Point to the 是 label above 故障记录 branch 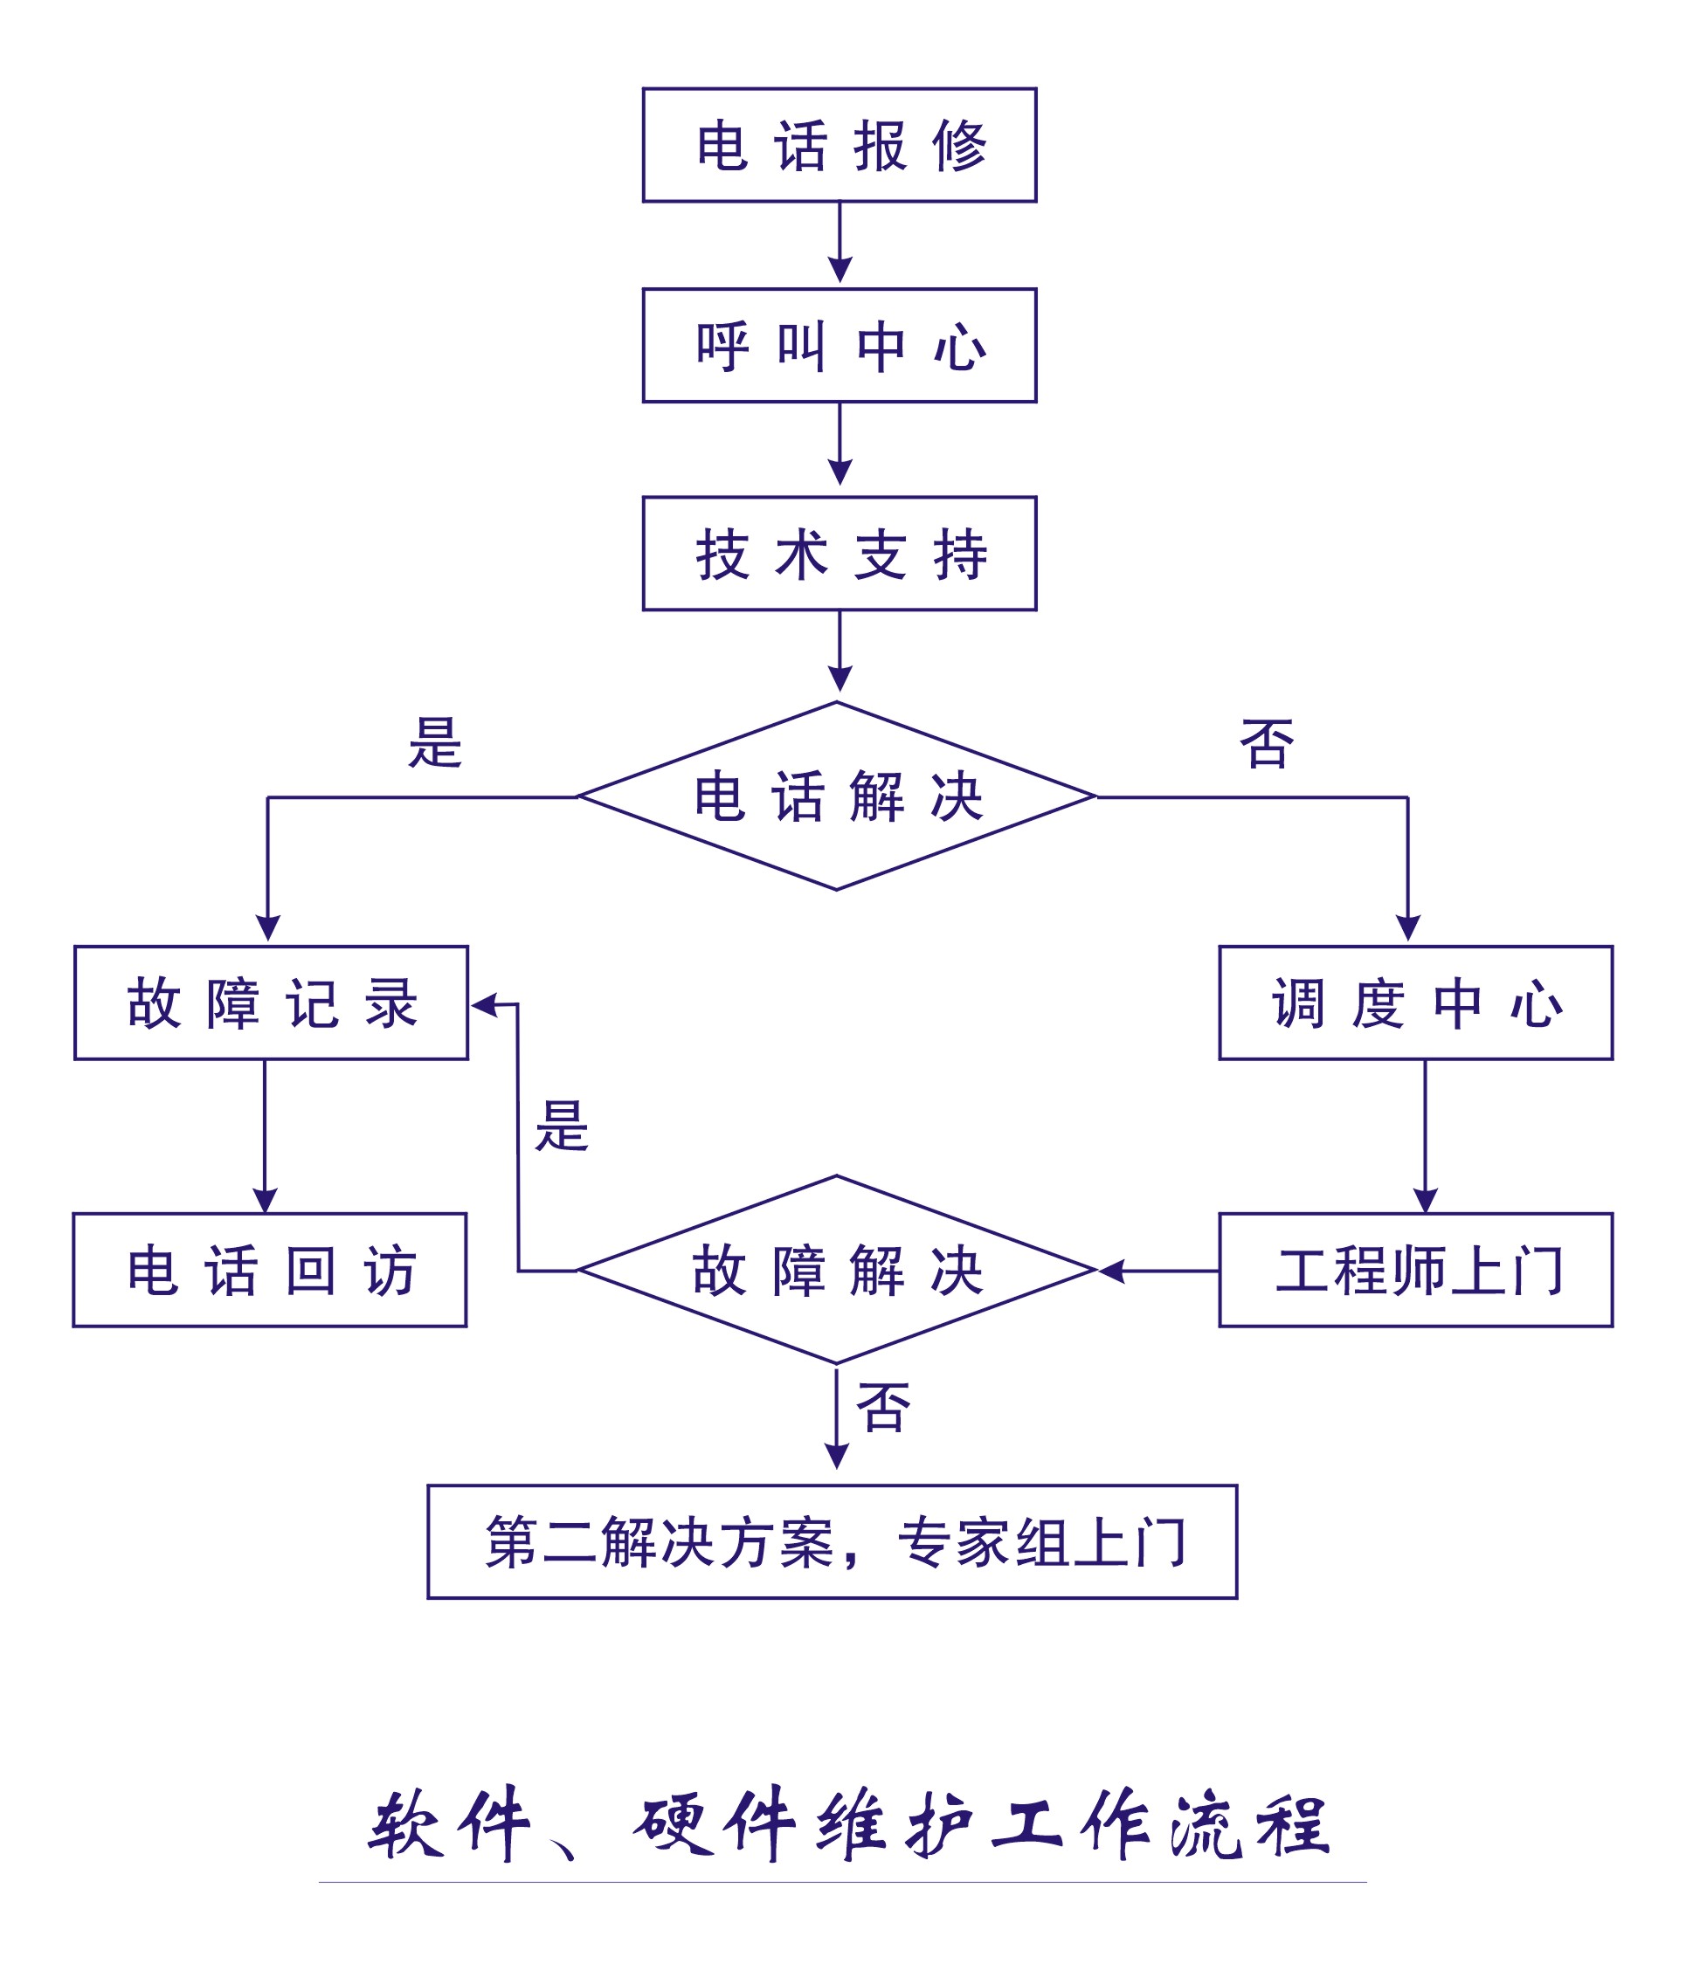coord(435,743)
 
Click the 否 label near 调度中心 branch coord(1267,744)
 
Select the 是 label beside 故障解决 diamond coord(562,1127)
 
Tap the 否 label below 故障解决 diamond coord(883,1408)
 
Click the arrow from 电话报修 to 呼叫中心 coord(840,243)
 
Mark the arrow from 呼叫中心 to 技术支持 coord(840,445)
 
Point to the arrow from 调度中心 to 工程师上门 coord(1424,1137)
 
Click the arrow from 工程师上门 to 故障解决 coord(1159,1270)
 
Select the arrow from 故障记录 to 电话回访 coord(265,1137)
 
